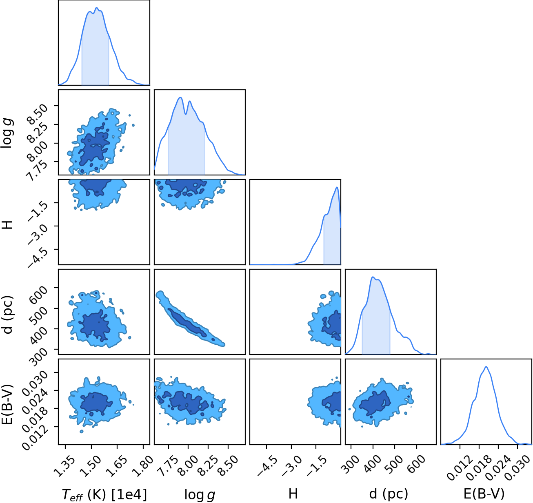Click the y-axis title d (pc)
coord(8,315)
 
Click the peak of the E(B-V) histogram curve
coord(486,367)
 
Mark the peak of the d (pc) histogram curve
coord(373,277)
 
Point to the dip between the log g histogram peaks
coord(185,114)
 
